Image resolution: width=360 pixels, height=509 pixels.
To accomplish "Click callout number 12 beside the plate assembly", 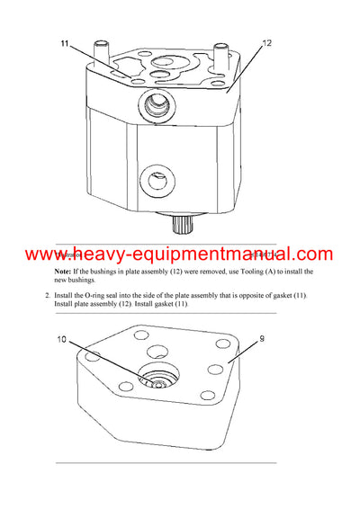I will pos(267,42).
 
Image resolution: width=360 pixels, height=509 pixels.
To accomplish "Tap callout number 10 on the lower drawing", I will pos(63,340).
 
